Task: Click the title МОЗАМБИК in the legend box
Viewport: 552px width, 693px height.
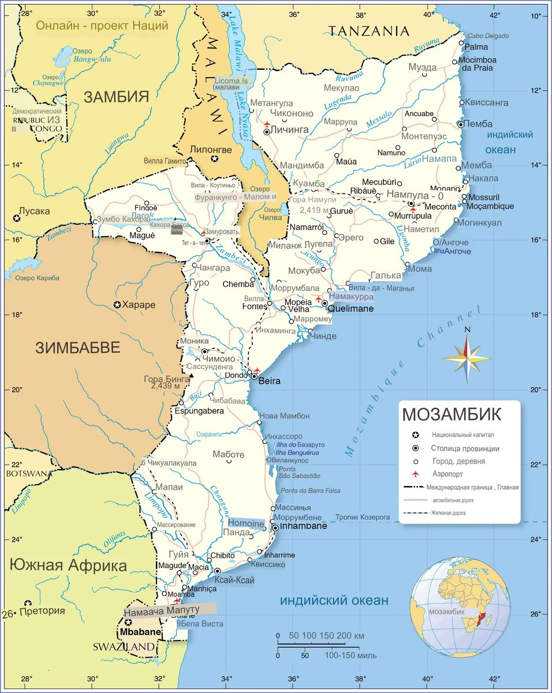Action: (452, 415)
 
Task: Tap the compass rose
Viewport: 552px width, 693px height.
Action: (467, 357)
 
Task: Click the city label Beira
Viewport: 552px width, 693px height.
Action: (270, 381)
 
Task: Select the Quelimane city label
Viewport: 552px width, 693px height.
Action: (350, 309)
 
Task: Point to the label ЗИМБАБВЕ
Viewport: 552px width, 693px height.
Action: (78, 348)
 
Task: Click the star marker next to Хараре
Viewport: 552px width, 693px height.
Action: (117, 304)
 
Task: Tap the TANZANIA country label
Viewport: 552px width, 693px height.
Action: (368, 31)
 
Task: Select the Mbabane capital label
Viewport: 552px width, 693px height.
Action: (141, 632)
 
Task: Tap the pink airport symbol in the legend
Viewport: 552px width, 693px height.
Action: (415, 474)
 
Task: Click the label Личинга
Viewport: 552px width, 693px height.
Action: (290, 130)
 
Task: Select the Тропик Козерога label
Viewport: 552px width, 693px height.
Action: (363, 517)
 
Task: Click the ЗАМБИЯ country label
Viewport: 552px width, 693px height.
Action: (116, 96)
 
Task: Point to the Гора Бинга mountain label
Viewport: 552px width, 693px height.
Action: (165, 379)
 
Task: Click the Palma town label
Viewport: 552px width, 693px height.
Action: (476, 47)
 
